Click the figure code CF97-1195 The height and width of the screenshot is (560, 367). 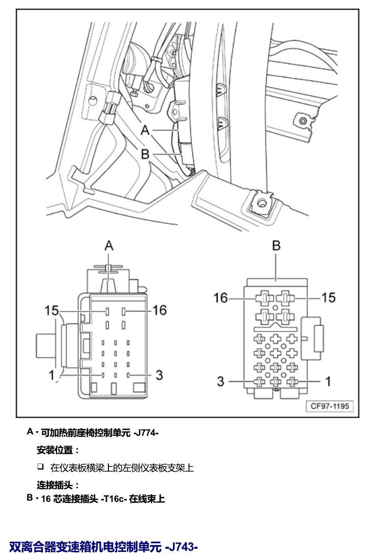329,406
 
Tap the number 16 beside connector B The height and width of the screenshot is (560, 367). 220,297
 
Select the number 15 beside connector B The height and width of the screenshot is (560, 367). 328,297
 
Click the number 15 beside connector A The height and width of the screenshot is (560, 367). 51,311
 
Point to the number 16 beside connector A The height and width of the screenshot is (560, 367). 160,310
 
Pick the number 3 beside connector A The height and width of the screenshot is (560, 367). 159,375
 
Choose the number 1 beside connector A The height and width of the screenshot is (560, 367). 52,375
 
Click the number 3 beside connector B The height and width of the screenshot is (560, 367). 220,381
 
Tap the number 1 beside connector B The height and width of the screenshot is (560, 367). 328,381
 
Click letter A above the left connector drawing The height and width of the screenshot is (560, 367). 109,246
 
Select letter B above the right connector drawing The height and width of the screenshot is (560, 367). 276,246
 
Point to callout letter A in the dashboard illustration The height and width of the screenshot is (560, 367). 145,130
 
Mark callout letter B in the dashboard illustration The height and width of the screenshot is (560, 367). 145,154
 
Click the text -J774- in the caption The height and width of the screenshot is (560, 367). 146,433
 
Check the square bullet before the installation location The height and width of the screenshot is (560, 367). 40,466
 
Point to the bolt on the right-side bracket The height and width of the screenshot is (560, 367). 303,121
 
